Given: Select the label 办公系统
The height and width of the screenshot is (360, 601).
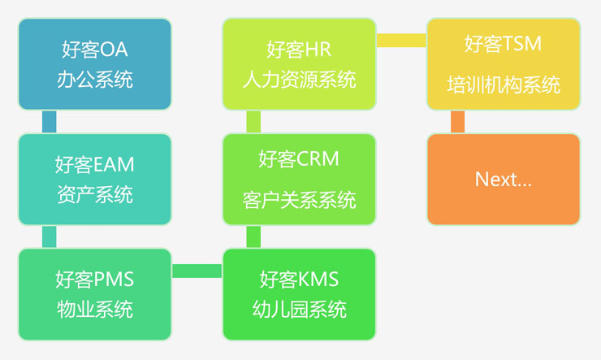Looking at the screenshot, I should pos(95,80).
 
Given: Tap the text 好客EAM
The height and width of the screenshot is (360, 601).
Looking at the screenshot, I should pos(95,165).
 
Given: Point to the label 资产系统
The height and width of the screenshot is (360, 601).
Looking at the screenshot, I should pos(95,195).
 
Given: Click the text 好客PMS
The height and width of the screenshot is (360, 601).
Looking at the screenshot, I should pos(95,280).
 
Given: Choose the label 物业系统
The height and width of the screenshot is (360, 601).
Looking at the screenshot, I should pos(95,310).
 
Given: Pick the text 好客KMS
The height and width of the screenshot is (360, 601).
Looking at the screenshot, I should pos(299,280).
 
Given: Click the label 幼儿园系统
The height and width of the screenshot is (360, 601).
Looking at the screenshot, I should pos(299,310).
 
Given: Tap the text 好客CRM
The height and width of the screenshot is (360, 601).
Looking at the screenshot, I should pos(299,158).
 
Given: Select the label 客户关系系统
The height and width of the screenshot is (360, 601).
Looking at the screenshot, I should pos(299,199).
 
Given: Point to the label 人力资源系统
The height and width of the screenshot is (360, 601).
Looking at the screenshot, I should pos(299,80).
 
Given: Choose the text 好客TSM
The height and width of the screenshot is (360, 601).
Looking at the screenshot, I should pos(503,44).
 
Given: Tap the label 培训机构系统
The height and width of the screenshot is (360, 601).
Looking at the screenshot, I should pos(503,85).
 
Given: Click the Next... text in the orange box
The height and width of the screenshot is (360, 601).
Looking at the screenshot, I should pos(503,179).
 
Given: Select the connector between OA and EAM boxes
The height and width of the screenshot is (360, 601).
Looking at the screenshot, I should pos(49,122).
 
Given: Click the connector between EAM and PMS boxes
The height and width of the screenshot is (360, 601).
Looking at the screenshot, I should pos(49,236).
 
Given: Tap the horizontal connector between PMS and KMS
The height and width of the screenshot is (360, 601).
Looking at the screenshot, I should pos(197,271).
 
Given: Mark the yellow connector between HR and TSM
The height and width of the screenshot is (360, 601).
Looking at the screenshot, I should pos(401,40).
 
